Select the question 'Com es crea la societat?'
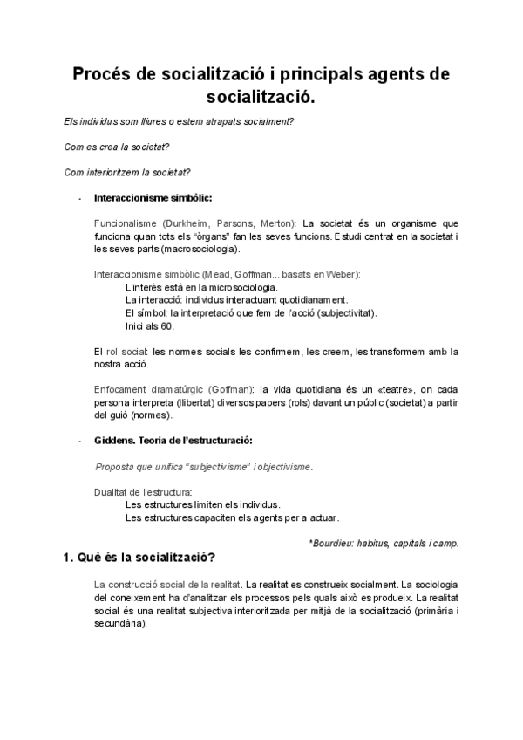click(117, 146)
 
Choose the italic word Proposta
click(116, 467)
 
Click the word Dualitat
click(112, 492)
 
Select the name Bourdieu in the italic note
click(333, 543)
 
